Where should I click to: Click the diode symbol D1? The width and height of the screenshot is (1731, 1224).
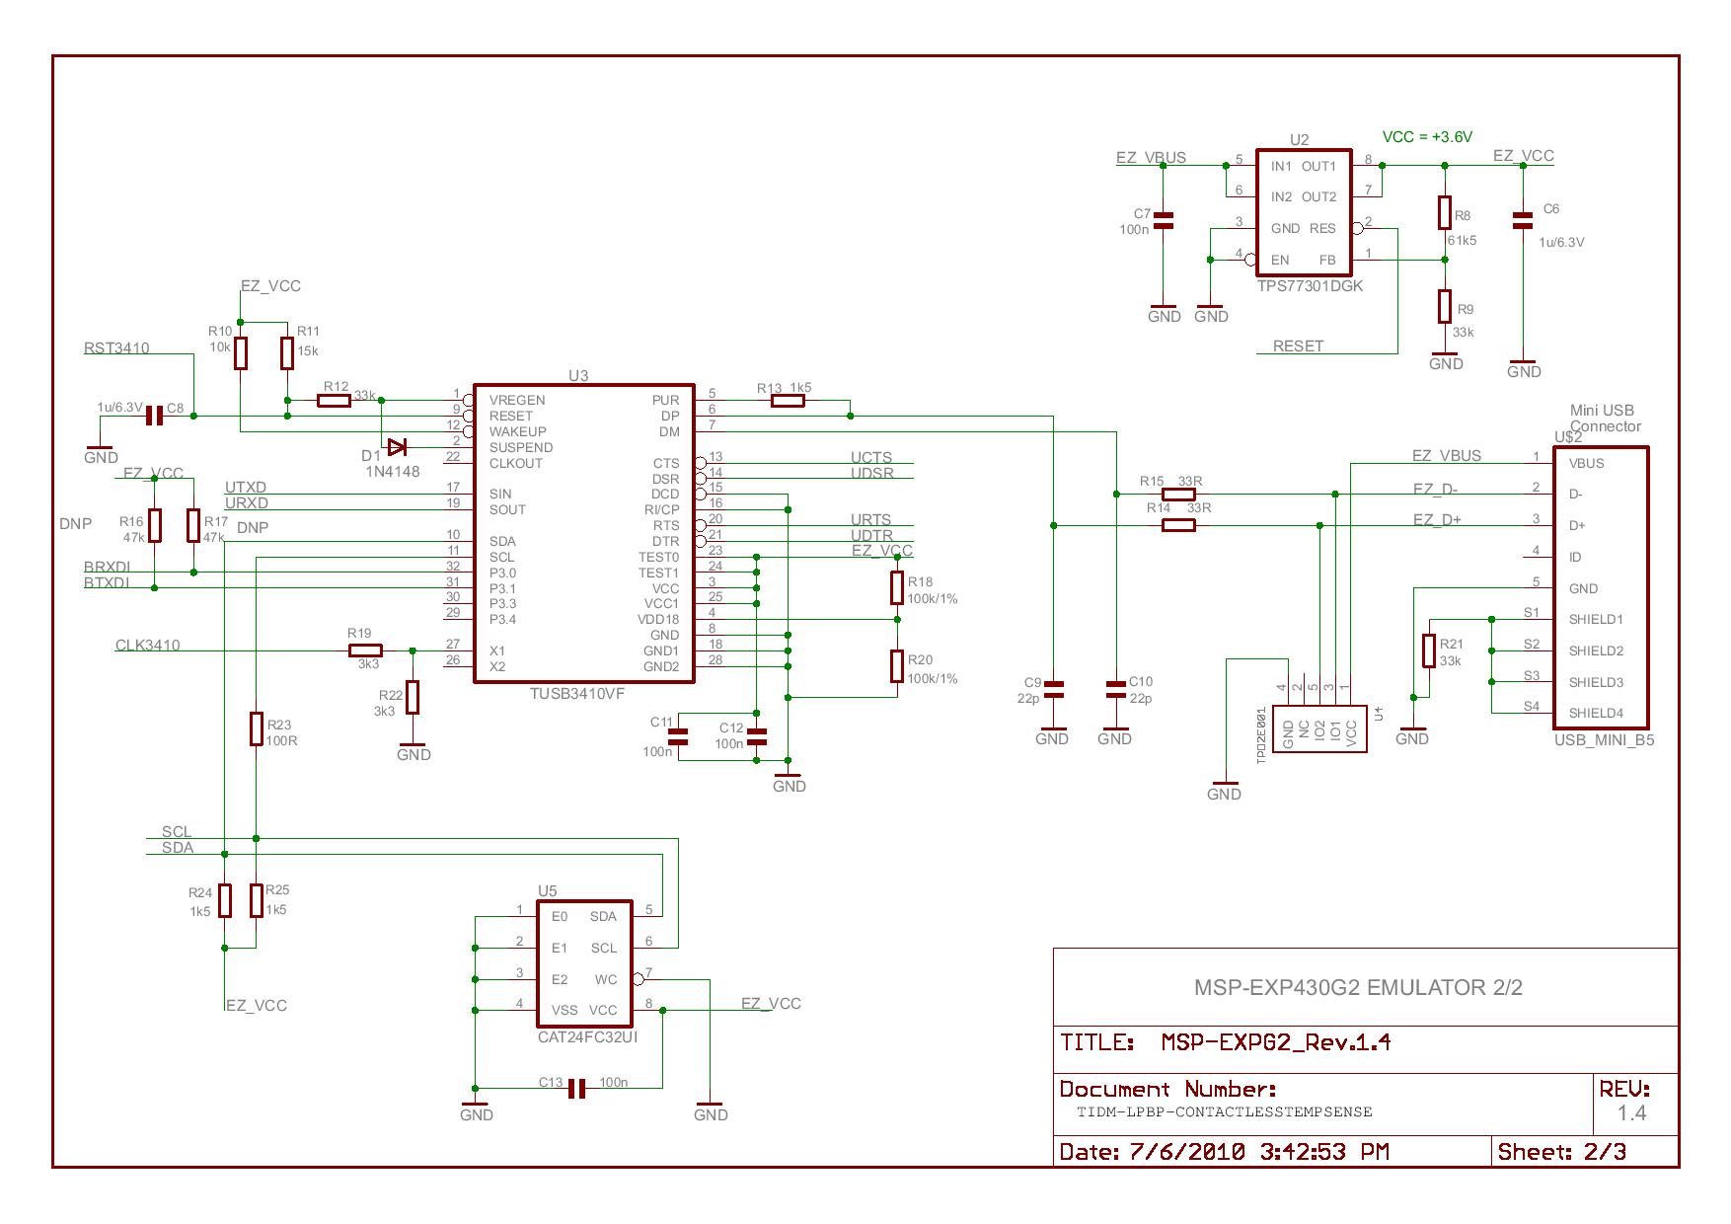click(397, 446)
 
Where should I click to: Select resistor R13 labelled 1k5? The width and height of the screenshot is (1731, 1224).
click(788, 401)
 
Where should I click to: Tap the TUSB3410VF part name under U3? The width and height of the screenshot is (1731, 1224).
click(577, 693)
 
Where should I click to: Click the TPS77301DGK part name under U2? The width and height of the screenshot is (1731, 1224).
click(1310, 285)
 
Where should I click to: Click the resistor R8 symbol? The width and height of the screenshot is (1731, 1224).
click(1445, 212)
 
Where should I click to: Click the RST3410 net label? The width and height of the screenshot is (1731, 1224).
click(116, 347)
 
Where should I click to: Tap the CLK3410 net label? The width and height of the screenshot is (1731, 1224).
click(148, 646)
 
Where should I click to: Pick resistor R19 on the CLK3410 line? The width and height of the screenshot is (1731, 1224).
click(365, 650)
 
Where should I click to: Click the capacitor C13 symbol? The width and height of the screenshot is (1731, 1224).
click(577, 1089)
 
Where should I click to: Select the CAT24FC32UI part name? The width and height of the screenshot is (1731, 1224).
click(587, 1037)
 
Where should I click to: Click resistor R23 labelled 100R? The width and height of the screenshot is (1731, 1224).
click(256, 728)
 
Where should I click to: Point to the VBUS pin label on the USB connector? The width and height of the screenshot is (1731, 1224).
click(1586, 463)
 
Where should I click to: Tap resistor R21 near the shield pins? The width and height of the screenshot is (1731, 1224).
click(1428, 651)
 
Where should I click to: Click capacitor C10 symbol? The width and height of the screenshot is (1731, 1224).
click(1115, 689)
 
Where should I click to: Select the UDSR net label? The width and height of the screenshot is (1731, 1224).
click(871, 473)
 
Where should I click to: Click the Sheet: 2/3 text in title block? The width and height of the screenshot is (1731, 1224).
click(1562, 1151)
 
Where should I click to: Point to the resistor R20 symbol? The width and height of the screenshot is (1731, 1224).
click(896, 666)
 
